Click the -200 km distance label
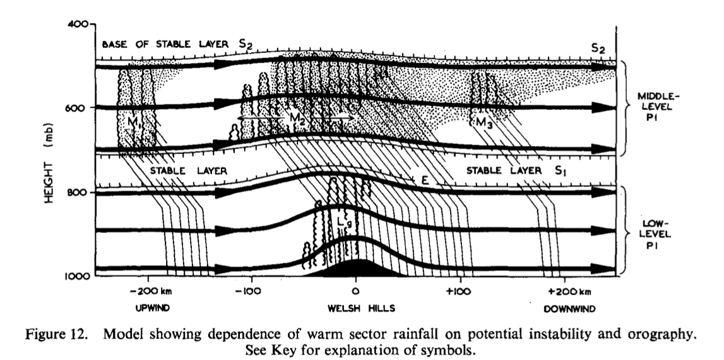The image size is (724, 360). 150,292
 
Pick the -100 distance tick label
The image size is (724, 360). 251,292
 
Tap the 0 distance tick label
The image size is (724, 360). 355,292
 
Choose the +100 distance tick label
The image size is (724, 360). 459,292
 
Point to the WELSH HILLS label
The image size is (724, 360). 355,310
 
